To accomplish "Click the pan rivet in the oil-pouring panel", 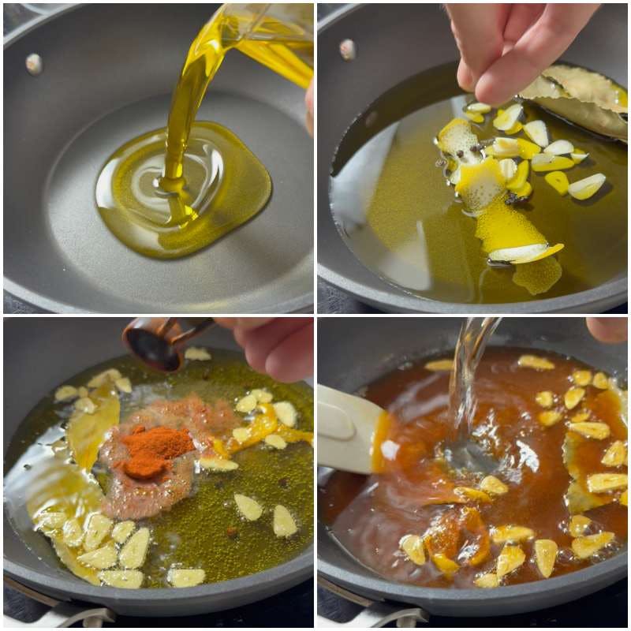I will [33, 63].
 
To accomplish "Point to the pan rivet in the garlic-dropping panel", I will [347, 49].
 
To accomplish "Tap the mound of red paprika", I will [154, 451].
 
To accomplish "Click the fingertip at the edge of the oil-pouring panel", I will [309, 103].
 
